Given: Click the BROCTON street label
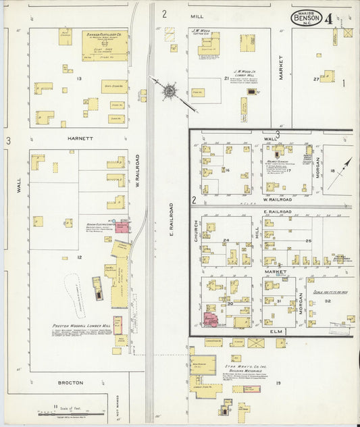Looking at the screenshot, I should (70, 382).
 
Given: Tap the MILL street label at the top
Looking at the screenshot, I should (197, 15).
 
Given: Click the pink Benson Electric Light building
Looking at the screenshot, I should (122, 226).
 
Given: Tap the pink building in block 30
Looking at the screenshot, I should (211, 318).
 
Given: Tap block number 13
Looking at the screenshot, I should (79, 79).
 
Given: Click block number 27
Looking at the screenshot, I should (316, 79).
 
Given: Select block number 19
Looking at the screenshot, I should (278, 382).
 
